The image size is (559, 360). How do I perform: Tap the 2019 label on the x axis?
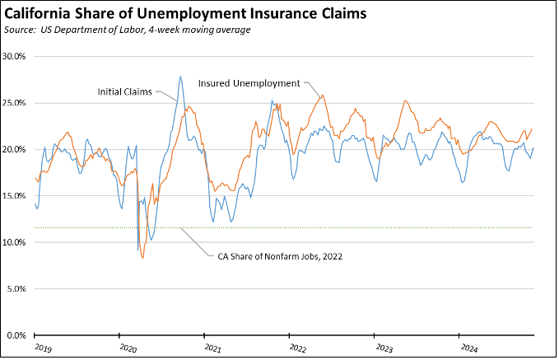(44, 348)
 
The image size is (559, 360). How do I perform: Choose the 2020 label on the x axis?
(128, 348)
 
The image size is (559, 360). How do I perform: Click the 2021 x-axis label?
(214, 348)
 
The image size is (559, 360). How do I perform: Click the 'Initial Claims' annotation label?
(124, 91)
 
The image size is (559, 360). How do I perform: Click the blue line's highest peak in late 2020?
(180, 77)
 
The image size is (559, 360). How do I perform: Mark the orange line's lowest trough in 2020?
(142, 258)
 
